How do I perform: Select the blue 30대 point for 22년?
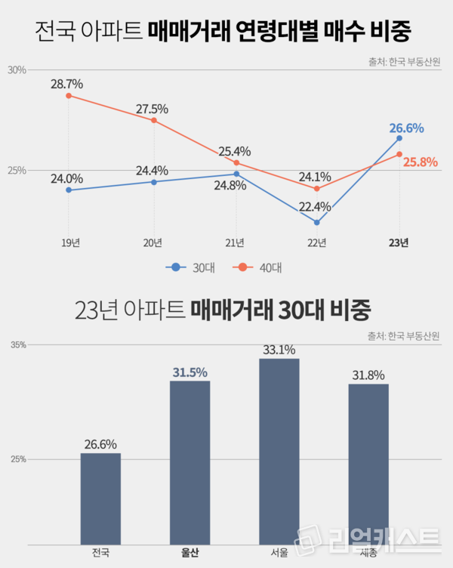point(316,223)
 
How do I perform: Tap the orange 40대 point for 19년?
point(69,96)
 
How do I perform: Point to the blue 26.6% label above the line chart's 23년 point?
point(406,128)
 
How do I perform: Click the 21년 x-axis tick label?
point(235,242)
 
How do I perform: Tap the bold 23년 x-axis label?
point(399,242)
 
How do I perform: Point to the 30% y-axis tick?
point(17,70)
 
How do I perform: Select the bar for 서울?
point(279,451)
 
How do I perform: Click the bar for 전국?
point(100,499)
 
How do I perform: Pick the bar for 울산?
point(190,462)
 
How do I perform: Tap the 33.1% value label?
point(279,350)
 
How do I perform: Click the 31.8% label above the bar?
point(368,375)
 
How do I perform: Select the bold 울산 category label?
point(190,553)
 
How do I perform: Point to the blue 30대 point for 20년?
point(153,182)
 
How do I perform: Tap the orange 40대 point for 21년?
point(236,162)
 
